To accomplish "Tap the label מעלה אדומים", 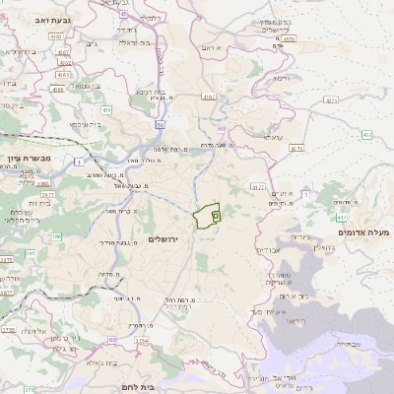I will (x=363, y=232).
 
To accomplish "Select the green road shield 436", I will (x=105, y=109).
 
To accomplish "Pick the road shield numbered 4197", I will (x=209, y=97).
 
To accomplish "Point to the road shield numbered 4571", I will (x=331, y=99).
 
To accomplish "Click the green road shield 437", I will (x=341, y=216).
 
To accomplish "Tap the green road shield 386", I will (x=57, y=237).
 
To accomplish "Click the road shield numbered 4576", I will (x=288, y=39).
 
